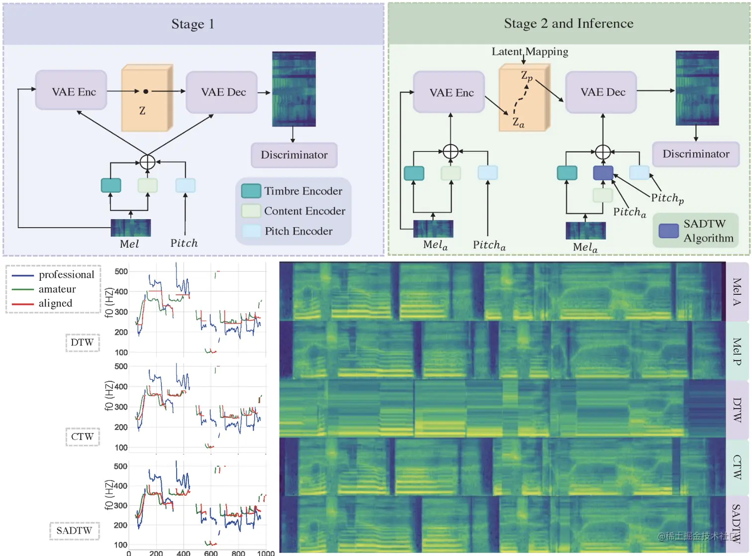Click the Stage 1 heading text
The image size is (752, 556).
[192, 24]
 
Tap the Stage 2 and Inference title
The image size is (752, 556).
[568, 23]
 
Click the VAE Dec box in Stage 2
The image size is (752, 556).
[602, 92]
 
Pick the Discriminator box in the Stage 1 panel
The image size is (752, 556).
[294, 155]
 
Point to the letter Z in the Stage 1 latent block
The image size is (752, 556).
[142, 111]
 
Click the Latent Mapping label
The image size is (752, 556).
[530, 52]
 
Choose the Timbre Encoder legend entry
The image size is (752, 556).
[303, 191]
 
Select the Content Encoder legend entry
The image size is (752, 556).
[304, 211]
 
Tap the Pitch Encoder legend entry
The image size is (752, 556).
[298, 231]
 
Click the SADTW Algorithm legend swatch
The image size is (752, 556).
[668, 231]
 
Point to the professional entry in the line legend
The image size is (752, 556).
[66, 275]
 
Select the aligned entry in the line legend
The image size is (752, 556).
[55, 303]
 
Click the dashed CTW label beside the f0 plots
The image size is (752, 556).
[83, 437]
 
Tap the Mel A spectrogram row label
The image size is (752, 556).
[737, 292]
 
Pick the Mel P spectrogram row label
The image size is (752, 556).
[737, 351]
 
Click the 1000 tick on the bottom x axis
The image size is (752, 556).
[266, 553]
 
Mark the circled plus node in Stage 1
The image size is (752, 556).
[148, 162]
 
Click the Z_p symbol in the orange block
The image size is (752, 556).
[527, 76]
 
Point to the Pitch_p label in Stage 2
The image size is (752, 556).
[667, 198]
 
